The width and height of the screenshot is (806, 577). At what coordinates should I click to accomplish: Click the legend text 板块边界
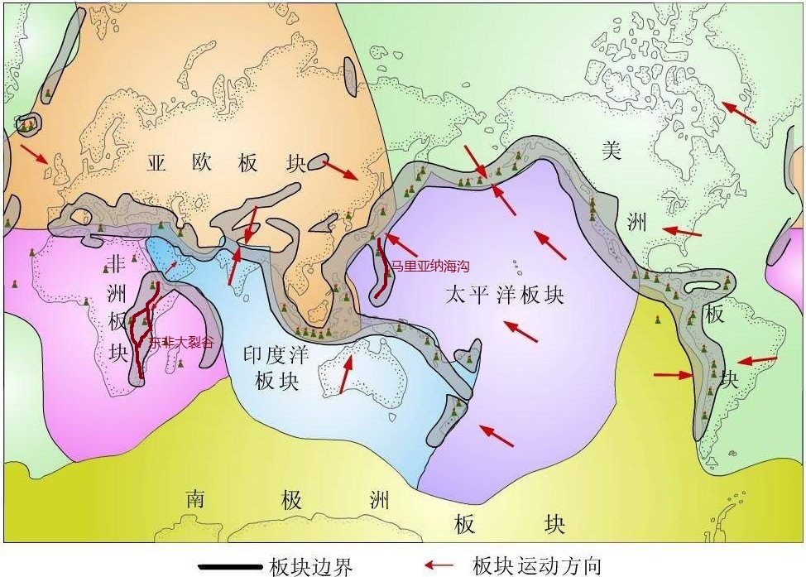pyautogui.click(x=311, y=566)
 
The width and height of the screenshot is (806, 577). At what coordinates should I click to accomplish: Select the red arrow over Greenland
pyautogui.click(x=739, y=113)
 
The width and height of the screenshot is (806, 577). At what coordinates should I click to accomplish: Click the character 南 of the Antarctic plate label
pyautogui.click(x=195, y=499)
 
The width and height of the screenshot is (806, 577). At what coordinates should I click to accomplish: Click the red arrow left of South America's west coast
pyautogui.click(x=673, y=375)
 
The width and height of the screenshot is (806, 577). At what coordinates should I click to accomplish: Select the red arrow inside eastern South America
pyautogui.click(x=757, y=361)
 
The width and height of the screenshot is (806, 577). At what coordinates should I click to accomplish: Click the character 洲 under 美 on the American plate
pyautogui.click(x=637, y=222)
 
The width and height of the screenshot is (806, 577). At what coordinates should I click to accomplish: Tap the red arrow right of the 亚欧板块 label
pyautogui.click(x=339, y=170)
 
